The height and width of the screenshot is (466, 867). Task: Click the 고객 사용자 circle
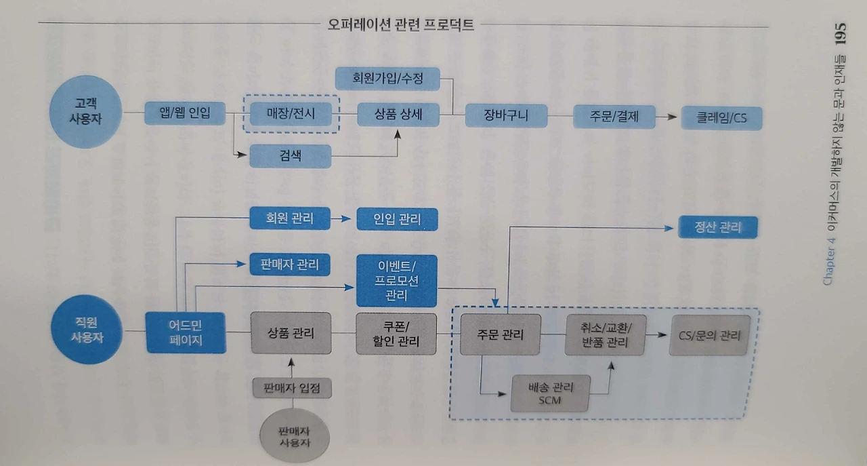tap(85, 112)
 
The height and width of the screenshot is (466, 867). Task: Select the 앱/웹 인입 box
tap(185, 113)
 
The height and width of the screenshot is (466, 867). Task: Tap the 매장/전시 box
tap(291, 114)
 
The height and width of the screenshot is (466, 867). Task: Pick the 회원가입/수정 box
tap(387, 79)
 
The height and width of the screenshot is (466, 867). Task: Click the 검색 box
tap(291, 156)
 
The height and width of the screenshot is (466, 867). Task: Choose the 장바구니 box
tap(506, 115)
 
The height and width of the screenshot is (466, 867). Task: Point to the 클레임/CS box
tap(721, 118)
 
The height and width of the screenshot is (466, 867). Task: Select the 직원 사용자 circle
tap(87, 330)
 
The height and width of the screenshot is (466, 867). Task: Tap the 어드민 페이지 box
tap(186, 332)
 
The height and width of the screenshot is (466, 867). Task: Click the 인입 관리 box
tap(397, 219)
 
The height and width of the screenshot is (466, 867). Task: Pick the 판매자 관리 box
tap(290, 265)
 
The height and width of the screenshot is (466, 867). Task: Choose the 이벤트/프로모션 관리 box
tap(397, 281)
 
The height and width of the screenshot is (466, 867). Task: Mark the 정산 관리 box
tap(718, 227)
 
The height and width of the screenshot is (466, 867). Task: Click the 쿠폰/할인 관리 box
tap(396, 334)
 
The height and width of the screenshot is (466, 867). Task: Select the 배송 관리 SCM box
tap(551, 393)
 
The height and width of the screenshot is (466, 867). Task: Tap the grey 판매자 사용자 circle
tap(295, 436)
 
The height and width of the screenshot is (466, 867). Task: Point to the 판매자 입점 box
tap(292, 388)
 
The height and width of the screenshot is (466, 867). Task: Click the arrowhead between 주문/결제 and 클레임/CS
tap(672, 117)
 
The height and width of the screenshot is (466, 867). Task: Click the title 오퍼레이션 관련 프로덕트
tap(400, 25)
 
